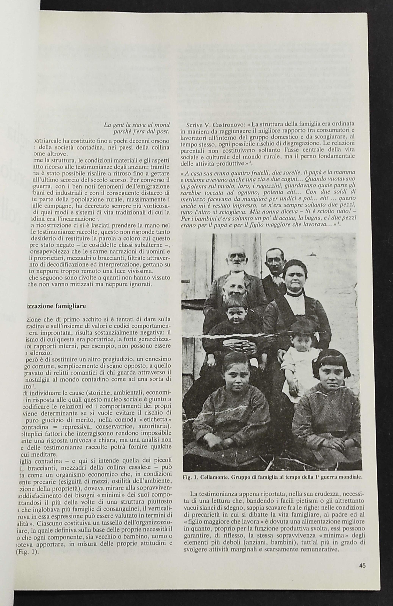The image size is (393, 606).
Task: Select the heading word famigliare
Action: click(70, 306)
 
